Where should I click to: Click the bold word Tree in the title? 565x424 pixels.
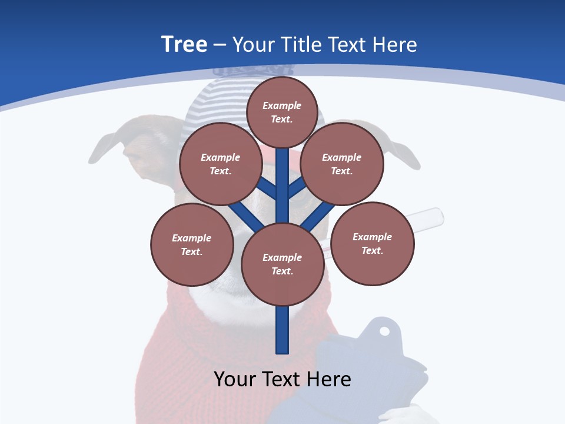[x=184, y=44]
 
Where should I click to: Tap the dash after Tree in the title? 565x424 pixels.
[x=220, y=45]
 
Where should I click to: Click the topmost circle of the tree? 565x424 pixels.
[x=282, y=112]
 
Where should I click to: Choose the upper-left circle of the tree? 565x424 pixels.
[x=221, y=164]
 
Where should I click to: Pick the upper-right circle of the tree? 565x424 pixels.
[x=342, y=164]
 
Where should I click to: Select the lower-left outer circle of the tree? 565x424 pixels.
[x=192, y=244]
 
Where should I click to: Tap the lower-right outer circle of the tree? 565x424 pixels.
[x=373, y=243]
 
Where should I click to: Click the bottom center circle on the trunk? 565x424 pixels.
[x=282, y=264]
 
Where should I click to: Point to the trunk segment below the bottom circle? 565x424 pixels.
[x=282, y=330]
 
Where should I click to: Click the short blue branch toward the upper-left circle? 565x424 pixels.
[x=268, y=188]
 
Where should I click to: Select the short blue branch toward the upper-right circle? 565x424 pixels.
[x=297, y=188]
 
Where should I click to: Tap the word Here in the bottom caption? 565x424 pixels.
[x=330, y=379]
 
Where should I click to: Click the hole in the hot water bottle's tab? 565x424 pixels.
[x=384, y=331]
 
